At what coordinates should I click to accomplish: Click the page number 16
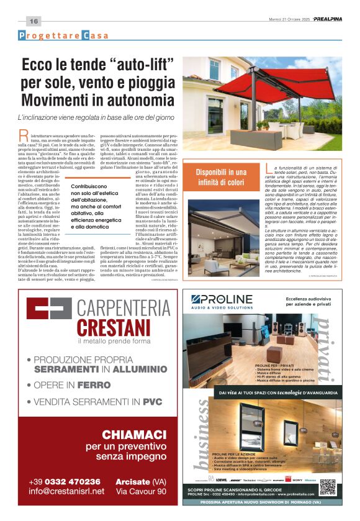(33, 22)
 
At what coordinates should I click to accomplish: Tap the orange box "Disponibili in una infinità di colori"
(220, 176)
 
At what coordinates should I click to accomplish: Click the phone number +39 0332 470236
(65, 481)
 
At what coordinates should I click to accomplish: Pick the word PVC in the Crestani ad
(152, 402)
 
